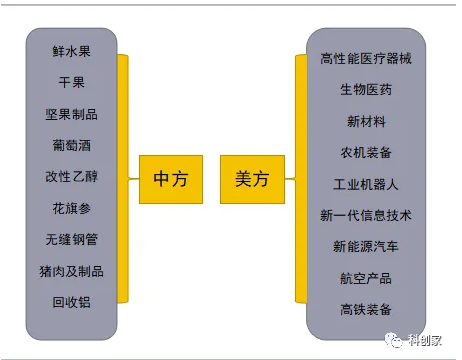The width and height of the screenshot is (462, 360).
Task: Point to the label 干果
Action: click(72, 82)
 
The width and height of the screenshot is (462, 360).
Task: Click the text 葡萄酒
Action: click(72, 145)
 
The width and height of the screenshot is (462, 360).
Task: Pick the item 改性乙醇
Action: click(72, 176)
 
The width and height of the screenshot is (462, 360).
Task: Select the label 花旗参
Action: click(72, 208)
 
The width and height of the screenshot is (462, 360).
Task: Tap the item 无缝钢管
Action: click(72, 239)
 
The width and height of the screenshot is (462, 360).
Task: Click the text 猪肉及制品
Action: click(72, 270)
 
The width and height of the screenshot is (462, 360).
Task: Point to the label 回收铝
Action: click(72, 301)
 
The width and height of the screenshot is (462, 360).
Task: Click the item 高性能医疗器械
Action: click(365, 59)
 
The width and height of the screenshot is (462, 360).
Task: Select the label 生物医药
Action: click(365, 90)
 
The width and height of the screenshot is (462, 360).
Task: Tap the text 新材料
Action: click(365, 121)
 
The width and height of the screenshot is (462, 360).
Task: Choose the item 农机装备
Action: click(365, 152)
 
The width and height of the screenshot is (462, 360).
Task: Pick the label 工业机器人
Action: click(365, 184)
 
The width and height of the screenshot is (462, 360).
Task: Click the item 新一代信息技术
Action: click(365, 215)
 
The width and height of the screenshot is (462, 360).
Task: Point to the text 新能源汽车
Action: click(365, 246)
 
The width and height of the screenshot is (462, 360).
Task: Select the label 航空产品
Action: click(365, 277)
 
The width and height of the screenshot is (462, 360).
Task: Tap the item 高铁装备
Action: click(365, 308)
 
